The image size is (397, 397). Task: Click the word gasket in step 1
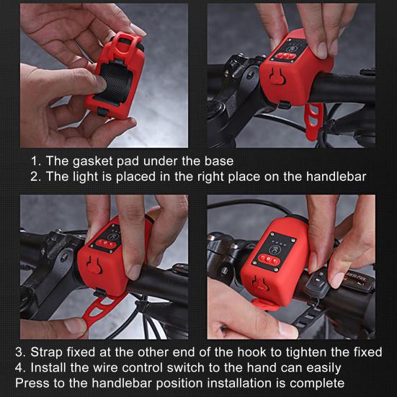[92, 161]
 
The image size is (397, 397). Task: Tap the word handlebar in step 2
[336, 177]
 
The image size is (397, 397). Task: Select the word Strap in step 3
[46, 352]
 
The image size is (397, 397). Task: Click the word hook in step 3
[251, 352]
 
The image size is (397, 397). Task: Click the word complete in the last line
[317, 383]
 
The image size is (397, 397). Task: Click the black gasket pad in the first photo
[114, 83]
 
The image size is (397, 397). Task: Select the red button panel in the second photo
[286, 55]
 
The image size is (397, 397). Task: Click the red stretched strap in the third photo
[99, 310]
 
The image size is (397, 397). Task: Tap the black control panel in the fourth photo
[274, 251]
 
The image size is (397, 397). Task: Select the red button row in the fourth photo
[269, 260]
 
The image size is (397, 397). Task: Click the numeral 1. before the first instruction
[35, 161]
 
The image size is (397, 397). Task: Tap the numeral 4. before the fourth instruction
[20, 368]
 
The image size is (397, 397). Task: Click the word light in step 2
[85, 177]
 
